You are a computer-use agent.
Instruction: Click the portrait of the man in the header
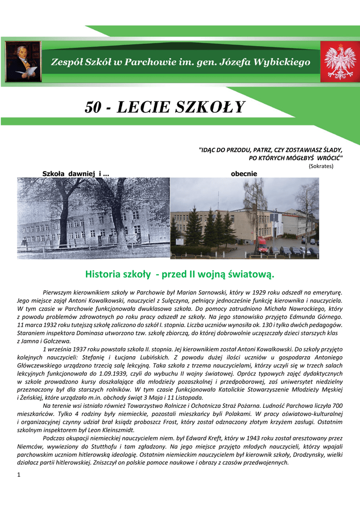pyautogui.click(x=23, y=62)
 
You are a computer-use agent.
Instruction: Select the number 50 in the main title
pyautogui.click(x=95, y=107)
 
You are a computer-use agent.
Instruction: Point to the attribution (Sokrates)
pyautogui.click(x=321, y=166)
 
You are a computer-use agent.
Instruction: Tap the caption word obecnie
pyautogui.click(x=244, y=174)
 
